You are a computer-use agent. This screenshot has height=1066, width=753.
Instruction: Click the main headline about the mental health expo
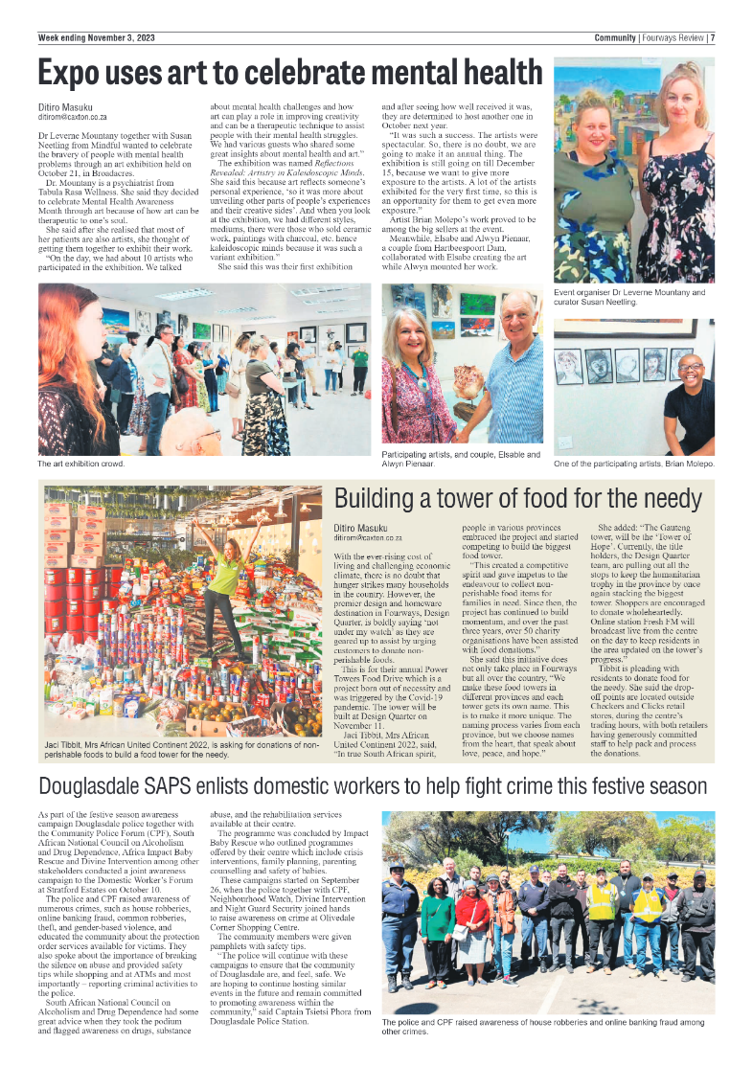pyautogui.click(x=289, y=73)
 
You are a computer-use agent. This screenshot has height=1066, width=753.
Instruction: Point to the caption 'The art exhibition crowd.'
pyautogui.click(x=81, y=465)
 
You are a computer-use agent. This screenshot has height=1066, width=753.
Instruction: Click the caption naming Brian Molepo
pyautogui.click(x=633, y=465)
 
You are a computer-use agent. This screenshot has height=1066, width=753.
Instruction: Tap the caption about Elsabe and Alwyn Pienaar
pyautogui.click(x=461, y=459)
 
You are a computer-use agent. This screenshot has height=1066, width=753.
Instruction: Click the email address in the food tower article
pyautogui.click(x=368, y=538)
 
